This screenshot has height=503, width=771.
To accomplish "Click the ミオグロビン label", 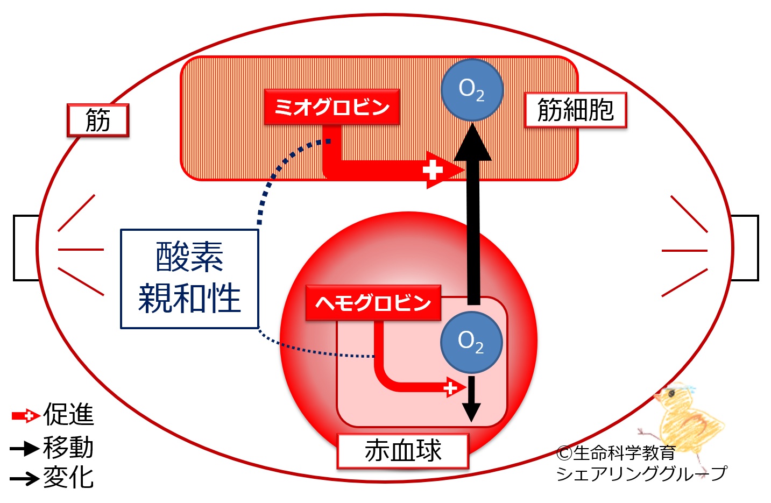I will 331,107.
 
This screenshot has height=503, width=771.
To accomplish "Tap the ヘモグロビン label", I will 373,303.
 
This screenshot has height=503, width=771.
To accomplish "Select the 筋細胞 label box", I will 575,110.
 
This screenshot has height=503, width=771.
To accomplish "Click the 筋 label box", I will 98,120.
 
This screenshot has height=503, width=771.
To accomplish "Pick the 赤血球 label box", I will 402,450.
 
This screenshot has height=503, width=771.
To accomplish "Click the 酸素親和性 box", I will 189,279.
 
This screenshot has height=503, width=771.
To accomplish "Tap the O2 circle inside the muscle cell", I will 472,89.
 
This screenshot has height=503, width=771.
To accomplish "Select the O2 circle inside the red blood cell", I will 471,342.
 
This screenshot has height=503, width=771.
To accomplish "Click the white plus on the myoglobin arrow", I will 432,171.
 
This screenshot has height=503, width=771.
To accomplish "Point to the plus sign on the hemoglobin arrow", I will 450,388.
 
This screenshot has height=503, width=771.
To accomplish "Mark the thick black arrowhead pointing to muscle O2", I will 472,143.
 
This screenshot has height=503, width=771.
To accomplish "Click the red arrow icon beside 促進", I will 25,415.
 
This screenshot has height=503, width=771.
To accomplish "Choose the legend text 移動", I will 68,448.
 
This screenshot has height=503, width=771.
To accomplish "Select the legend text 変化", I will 68,477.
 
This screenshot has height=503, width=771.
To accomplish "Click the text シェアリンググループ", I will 640,473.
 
